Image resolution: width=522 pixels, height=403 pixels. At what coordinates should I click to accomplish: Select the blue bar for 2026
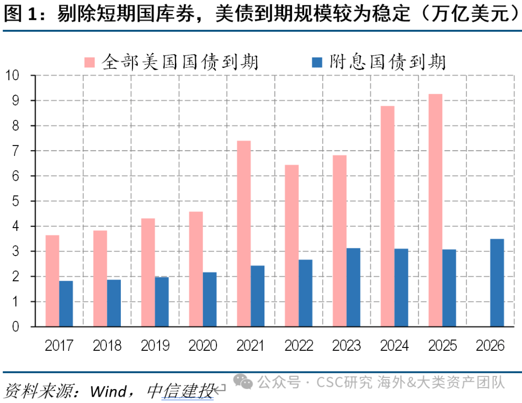pyautogui.click(x=497, y=283)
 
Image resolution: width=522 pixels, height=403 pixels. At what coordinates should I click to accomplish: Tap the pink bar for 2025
pyautogui.click(x=435, y=210)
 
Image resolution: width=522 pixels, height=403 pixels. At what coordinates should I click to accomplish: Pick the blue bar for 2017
pyautogui.click(x=66, y=303)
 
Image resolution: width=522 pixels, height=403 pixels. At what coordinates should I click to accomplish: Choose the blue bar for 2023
pyautogui.click(x=353, y=287)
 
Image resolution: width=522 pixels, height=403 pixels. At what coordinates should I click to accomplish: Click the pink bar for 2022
pyautogui.click(x=291, y=245)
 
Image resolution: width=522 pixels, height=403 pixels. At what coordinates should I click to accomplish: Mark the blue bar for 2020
pyautogui.click(x=210, y=299)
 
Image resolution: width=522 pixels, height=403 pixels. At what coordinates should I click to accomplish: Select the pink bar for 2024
pyautogui.click(x=387, y=216)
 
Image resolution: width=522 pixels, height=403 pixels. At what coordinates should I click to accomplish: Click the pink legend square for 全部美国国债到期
pyautogui.click(x=90, y=62)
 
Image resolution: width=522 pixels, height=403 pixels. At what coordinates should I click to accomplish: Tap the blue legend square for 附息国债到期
pyautogui.click(x=318, y=62)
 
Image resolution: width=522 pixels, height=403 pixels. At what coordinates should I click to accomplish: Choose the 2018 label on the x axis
pyautogui.click(x=107, y=345)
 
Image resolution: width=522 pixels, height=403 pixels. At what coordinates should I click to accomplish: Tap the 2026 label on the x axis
pyautogui.click(x=490, y=345)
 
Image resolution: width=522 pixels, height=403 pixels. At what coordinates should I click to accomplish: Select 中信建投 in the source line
pyautogui.click(x=180, y=390)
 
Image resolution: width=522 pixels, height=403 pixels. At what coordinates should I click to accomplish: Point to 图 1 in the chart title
pyautogui.click(x=20, y=14)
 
